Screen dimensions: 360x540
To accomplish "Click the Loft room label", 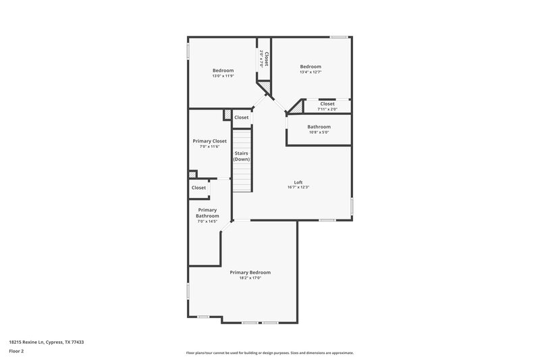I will [x=298, y=182].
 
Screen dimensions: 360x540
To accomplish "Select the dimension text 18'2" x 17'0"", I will [x=250, y=278].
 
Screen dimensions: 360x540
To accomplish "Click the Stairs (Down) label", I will [x=242, y=156].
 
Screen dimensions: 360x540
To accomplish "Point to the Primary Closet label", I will [x=210, y=141].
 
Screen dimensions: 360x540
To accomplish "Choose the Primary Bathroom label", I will [x=208, y=213].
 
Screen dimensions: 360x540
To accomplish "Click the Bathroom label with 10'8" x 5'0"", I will [x=319, y=127].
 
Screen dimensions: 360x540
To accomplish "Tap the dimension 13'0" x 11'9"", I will [x=223, y=76].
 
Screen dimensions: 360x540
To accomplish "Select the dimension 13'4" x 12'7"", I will [x=310, y=72].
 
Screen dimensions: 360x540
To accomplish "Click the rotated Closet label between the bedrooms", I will [x=267, y=59].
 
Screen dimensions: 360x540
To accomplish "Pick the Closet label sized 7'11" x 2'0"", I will [x=327, y=103].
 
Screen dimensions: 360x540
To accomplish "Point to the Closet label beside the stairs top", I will [x=241, y=118].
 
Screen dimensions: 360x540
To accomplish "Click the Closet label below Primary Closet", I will [x=198, y=188].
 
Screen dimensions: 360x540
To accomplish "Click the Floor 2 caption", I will [x=16, y=351].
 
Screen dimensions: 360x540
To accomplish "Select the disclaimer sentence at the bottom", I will [x=269, y=353].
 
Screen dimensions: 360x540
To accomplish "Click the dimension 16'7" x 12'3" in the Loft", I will [x=298, y=187].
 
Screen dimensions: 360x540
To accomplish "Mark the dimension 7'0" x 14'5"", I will [x=208, y=222].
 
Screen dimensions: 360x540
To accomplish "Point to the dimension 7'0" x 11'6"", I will [x=210, y=147].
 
